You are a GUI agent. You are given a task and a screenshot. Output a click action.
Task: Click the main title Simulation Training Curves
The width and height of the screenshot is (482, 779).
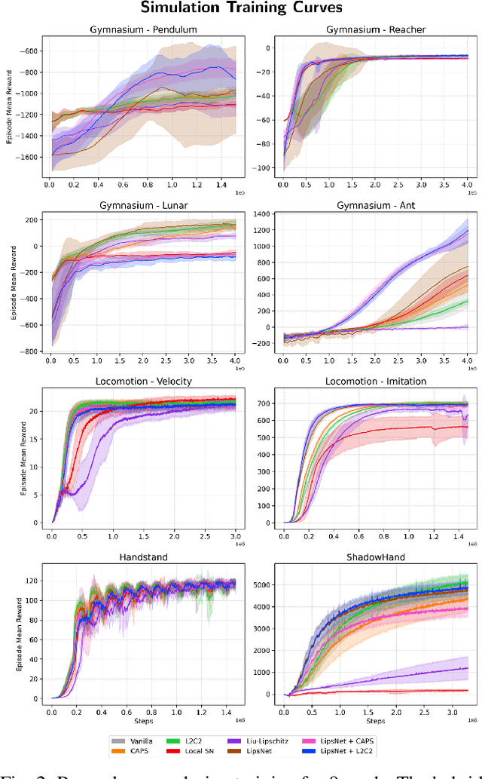[x=242, y=9]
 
